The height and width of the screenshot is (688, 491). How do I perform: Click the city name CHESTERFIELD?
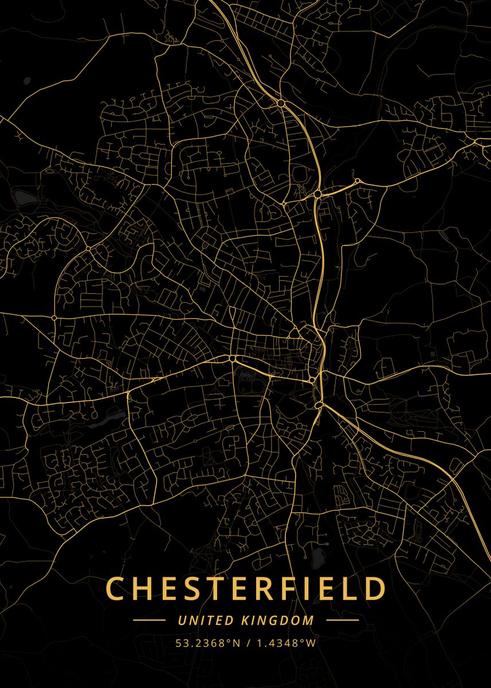(x=246, y=589)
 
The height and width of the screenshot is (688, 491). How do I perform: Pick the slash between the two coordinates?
(x=248, y=643)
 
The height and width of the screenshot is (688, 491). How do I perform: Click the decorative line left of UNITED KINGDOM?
(x=149, y=620)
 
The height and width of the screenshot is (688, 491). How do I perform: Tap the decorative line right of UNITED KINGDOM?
(x=342, y=620)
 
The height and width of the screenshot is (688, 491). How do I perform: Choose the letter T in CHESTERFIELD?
(x=214, y=589)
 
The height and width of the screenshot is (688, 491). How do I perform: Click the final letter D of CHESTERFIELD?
(x=375, y=589)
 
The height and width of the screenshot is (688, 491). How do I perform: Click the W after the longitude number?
(x=311, y=643)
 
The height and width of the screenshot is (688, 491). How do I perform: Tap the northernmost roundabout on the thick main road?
(x=281, y=103)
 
